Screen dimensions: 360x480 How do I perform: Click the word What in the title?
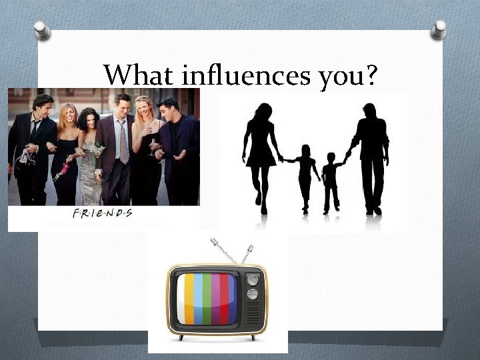click(x=131, y=76)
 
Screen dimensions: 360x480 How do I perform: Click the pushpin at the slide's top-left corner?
click(x=42, y=30)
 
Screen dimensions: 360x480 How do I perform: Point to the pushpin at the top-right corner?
click(x=439, y=29)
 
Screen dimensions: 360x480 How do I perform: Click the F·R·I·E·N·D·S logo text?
click(x=102, y=213)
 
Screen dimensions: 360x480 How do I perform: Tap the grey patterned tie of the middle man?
click(x=123, y=143)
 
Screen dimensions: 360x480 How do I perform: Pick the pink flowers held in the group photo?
click(x=63, y=171)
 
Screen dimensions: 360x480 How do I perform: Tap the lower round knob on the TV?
click(x=253, y=294)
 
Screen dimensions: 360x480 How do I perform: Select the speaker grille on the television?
click(x=253, y=315)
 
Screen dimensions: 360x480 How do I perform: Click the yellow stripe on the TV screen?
click(x=189, y=299)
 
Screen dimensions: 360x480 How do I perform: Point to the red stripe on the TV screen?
click(x=225, y=299)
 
